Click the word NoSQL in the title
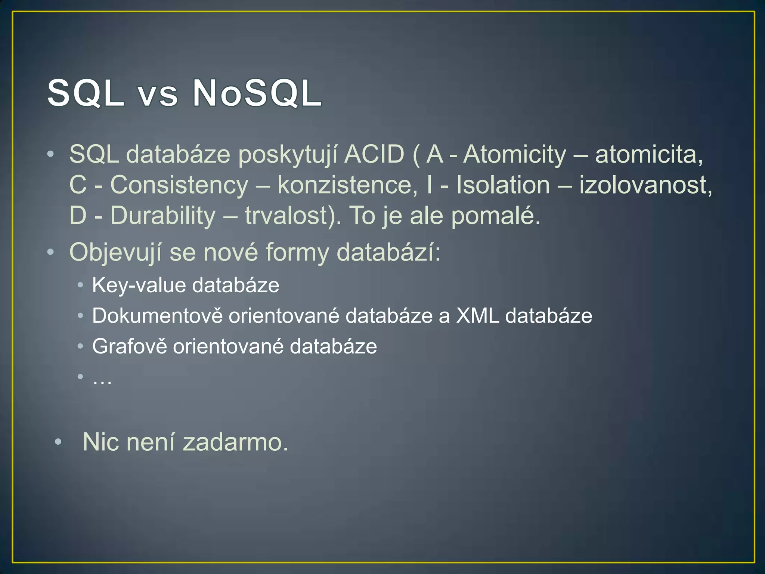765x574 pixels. pos(257,93)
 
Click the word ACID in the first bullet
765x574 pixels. pos(374,154)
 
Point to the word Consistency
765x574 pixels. pos(179,185)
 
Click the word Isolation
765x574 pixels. pos(503,185)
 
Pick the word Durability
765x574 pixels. pos(163,216)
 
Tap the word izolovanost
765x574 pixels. pos(645,185)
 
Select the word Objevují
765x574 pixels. pos(115,253)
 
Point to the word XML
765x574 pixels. pos(477,316)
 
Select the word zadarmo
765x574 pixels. pos(235,442)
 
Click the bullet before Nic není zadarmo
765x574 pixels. pos(58,442)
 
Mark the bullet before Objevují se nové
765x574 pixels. pos(50,252)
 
